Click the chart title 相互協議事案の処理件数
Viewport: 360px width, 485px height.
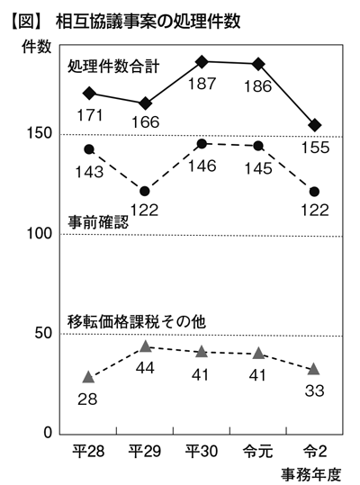point(148,22)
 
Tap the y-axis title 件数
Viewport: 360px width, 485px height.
point(36,47)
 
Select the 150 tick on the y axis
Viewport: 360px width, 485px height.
point(40,133)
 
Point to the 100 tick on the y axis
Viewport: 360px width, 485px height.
point(40,233)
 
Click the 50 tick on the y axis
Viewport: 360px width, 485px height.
point(43,333)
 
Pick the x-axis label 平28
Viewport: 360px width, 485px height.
point(88,452)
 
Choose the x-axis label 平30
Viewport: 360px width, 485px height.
point(202,452)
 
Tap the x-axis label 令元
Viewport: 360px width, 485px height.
point(258,452)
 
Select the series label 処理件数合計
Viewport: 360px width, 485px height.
point(113,66)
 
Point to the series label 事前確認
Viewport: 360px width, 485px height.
point(98,222)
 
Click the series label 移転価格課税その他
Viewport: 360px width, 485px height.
point(137,322)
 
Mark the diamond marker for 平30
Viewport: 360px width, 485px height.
point(202,62)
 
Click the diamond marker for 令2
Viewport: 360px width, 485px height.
point(315,125)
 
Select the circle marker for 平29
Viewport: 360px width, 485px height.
point(145,192)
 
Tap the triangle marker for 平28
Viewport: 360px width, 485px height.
point(88,377)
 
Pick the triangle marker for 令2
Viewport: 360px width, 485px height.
point(314,369)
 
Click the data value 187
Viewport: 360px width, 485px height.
point(202,84)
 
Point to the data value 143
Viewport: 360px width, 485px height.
point(89,172)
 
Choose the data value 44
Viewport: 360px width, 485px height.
point(146,368)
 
